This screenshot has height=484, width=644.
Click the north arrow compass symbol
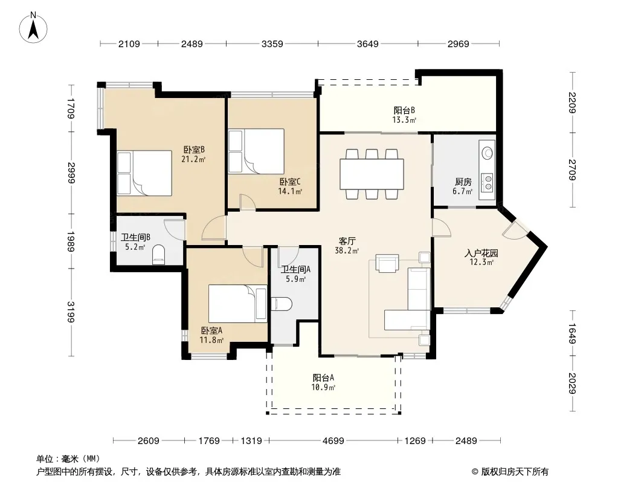[x=33, y=28]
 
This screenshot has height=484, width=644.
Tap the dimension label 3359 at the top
[x=272, y=44]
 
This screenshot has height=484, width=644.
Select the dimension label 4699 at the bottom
[x=333, y=441]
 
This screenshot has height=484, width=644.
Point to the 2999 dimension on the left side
[x=71, y=173]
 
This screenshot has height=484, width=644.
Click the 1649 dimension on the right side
[x=572, y=333]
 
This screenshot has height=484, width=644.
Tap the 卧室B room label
[x=194, y=149]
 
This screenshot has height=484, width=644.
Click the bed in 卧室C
[x=256, y=151]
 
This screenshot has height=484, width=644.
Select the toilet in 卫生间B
[x=158, y=255]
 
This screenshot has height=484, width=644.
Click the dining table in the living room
[x=372, y=174]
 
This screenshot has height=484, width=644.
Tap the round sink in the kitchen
[x=488, y=152]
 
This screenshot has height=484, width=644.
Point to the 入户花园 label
[x=481, y=253]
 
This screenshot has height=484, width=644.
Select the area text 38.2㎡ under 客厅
[x=347, y=250]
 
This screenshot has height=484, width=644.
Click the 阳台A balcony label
[x=323, y=378]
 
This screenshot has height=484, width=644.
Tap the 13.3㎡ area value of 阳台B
[x=405, y=120]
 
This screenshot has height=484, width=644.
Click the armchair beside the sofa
[x=387, y=264]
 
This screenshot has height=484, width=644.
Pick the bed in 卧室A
[x=237, y=304]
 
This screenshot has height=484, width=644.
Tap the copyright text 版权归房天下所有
[x=515, y=472]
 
